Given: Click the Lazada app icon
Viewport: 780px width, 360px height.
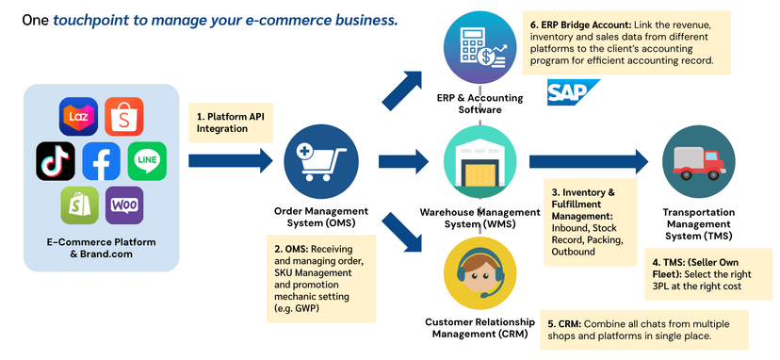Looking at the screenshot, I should (78, 117).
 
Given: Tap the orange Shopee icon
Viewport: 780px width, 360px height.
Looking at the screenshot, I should (124, 117).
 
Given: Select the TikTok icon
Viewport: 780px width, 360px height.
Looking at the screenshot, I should (56, 161).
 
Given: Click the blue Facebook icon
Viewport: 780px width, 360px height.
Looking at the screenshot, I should (102, 161).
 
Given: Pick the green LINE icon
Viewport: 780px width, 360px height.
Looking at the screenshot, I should (147, 161).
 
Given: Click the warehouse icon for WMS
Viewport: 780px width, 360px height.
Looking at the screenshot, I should (480, 161).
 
